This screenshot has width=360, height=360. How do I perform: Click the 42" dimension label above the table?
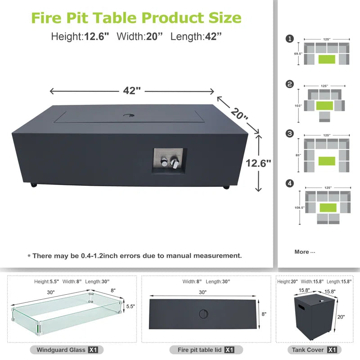point(132,90)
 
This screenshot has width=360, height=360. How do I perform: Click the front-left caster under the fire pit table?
point(33,184)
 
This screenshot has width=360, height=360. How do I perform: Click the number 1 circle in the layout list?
point(290,39)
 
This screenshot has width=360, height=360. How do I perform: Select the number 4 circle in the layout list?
point(290,183)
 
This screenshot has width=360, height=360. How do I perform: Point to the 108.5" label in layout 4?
point(299,207)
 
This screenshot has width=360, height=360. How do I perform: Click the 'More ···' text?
point(305,252)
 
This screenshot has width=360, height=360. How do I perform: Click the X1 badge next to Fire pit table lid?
point(229,350)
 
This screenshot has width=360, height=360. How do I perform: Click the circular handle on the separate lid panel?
point(202,313)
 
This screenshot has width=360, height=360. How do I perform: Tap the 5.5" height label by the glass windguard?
point(130,306)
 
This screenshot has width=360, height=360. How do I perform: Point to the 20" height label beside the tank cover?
point(341,317)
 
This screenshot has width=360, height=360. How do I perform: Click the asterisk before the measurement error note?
point(29,256)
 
